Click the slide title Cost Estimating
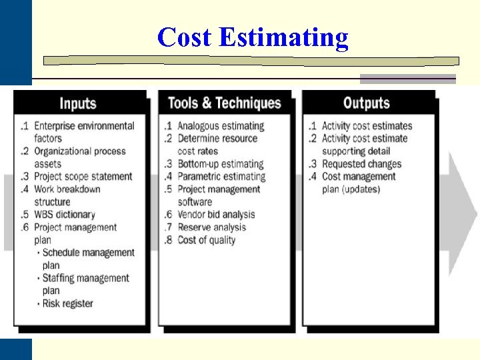click(x=253, y=37)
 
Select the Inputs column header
click(x=78, y=103)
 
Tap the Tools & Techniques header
click(x=224, y=103)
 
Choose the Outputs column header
click(x=366, y=103)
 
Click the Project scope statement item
click(x=83, y=177)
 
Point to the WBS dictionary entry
click(x=64, y=215)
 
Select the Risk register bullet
click(x=67, y=303)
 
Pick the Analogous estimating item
click(x=220, y=126)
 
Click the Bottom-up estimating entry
click(x=220, y=164)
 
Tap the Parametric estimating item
click(x=221, y=177)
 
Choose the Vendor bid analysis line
click(x=216, y=215)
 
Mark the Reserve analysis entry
click(x=211, y=227)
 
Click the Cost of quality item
click(x=206, y=240)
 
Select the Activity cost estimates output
click(x=367, y=126)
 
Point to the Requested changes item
click(x=361, y=164)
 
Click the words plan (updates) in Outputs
click(x=351, y=189)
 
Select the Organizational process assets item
click(x=79, y=157)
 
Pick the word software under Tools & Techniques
click(x=195, y=202)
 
